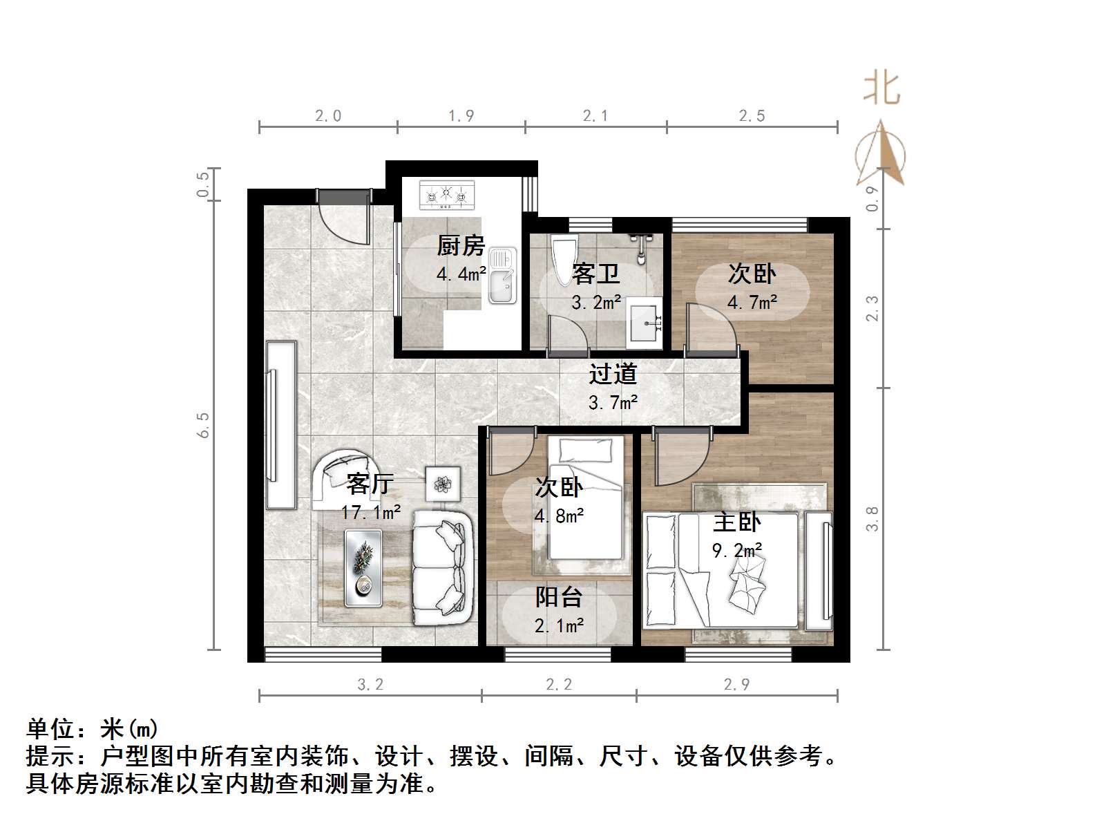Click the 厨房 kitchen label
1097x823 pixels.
[461, 246]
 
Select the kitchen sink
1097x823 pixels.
[502, 276]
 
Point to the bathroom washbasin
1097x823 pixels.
[645, 323]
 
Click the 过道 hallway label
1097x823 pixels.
[613, 374]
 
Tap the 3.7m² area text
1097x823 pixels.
[613, 401]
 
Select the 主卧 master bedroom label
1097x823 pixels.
[737, 522]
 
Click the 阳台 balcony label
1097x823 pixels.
[559, 597]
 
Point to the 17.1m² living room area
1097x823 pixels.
[370, 512]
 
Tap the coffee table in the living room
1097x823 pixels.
[363, 568]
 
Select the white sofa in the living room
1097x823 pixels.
[442, 568]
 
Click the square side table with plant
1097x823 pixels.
[442, 482]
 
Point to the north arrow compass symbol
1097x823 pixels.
[880, 155]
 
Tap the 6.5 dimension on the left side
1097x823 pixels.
[203, 425]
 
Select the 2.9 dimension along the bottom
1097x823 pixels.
[736, 684]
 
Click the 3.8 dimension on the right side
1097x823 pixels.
[872, 518]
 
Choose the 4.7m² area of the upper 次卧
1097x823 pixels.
[752, 302]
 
